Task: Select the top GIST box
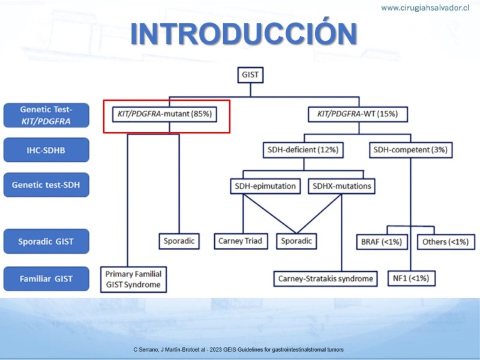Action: point(250,76)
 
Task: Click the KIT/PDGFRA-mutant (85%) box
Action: point(167,113)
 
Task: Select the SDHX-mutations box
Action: point(341,186)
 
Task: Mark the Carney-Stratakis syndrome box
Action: point(326,278)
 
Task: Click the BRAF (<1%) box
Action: point(382,241)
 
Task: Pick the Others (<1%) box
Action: point(442,241)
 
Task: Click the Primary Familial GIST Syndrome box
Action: point(133,278)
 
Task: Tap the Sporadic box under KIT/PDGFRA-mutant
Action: point(178,241)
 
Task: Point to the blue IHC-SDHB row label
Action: point(46,149)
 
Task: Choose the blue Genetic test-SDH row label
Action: point(46,185)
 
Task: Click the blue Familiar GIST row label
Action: point(46,278)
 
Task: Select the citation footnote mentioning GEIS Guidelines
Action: point(239,349)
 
